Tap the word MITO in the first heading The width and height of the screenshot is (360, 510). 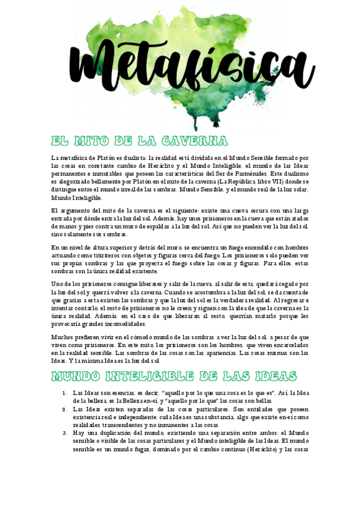pos(91,141)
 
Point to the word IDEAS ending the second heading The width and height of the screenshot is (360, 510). pos(274,376)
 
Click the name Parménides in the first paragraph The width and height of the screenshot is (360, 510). pos(242,173)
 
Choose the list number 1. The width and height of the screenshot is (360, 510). pos(64,393)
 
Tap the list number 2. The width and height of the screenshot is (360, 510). pos(64,408)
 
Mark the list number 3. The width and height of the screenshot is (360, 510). pos(64,432)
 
